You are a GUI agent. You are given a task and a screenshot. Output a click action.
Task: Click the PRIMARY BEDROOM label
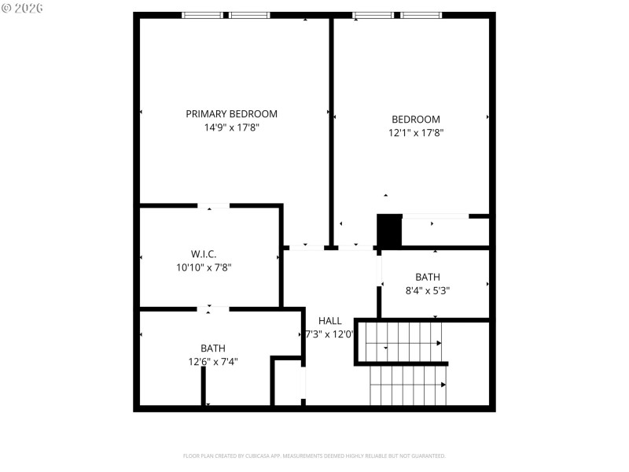[x=231, y=113]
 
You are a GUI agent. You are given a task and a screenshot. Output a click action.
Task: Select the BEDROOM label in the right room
[x=415, y=120]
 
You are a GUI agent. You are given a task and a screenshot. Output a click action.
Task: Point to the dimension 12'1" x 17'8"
[x=415, y=133]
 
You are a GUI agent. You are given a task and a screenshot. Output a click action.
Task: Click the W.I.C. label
[x=203, y=253]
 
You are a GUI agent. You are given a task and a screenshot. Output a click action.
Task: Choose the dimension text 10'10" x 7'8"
[x=203, y=267]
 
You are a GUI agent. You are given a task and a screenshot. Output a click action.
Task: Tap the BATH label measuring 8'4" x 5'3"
[x=428, y=277]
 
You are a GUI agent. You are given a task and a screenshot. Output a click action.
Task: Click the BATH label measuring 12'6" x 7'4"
[x=212, y=348]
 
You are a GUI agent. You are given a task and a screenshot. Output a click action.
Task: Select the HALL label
[x=330, y=320]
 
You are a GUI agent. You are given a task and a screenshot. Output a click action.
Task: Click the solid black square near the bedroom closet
[x=389, y=230]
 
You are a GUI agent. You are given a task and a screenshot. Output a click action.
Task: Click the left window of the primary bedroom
[x=202, y=15]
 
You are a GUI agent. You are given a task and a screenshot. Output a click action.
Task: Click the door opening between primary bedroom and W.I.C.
[x=213, y=206]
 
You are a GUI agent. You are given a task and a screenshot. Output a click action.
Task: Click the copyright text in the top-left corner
[x=22, y=8]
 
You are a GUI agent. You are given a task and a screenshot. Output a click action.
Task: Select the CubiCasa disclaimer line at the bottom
[x=314, y=455]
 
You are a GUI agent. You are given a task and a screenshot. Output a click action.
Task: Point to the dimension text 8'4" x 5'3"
[x=428, y=290]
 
